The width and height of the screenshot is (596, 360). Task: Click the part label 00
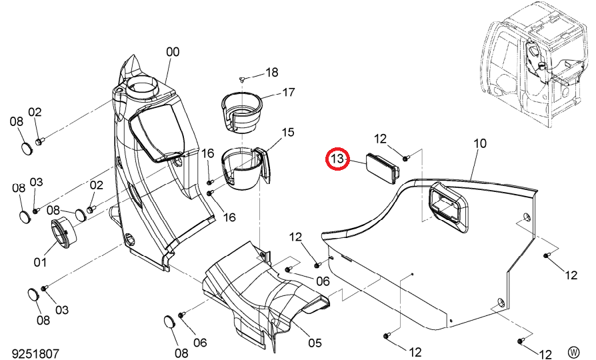pyautogui.click(x=173, y=52)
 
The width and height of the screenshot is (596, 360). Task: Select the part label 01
pyautogui.click(x=40, y=262)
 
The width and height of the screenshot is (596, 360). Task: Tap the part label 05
pyautogui.click(x=315, y=343)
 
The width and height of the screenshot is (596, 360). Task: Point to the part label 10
pyautogui.click(x=480, y=143)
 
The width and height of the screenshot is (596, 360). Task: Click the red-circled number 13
pyautogui.click(x=337, y=159)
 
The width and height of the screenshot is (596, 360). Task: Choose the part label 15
pyautogui.click(x=288, y=132)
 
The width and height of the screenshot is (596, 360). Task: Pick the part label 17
pyautogui.click(x=289, y=92)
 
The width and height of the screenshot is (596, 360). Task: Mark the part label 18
pyautogui.click(x=272, y=72)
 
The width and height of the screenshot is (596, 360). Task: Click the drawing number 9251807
pyautogui.click(x=35, y=353)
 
